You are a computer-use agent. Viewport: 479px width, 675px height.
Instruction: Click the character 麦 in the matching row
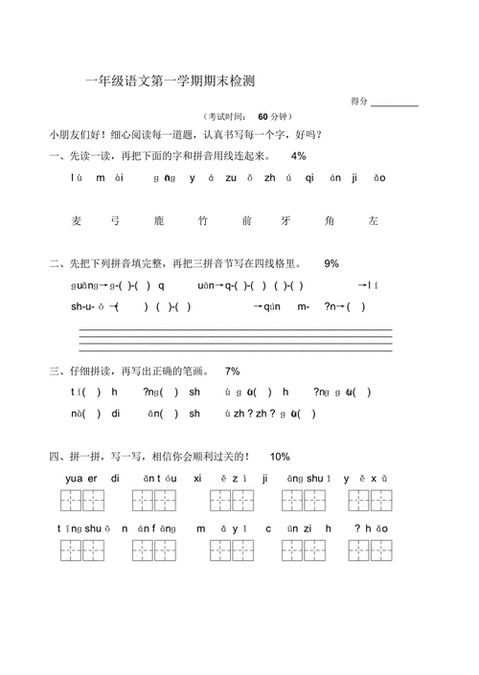(x=77, y=221)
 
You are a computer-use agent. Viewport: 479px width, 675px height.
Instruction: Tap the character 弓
(x=115, y=221)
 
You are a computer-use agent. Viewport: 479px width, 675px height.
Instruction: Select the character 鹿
(x=159, y=221)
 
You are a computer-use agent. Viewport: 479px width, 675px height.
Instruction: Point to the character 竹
(x=203, y=221)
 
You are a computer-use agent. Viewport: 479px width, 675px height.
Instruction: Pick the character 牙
(x=285, y=221)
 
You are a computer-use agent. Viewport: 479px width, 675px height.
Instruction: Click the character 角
(x=329, y=221)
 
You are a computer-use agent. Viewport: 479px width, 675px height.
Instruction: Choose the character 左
(x=373, y=221)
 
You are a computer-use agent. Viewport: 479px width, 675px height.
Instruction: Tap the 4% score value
(x=299, y=156)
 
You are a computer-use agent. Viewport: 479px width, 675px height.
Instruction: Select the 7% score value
(x=232, y=371)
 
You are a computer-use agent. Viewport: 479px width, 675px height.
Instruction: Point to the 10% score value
(x=280, y=457)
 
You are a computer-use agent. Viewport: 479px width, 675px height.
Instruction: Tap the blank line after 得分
(x=394, y=102)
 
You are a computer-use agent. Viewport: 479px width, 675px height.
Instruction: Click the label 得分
(x=359, y=101)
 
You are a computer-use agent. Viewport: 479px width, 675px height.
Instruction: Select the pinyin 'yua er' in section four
(x=81, y=478)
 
